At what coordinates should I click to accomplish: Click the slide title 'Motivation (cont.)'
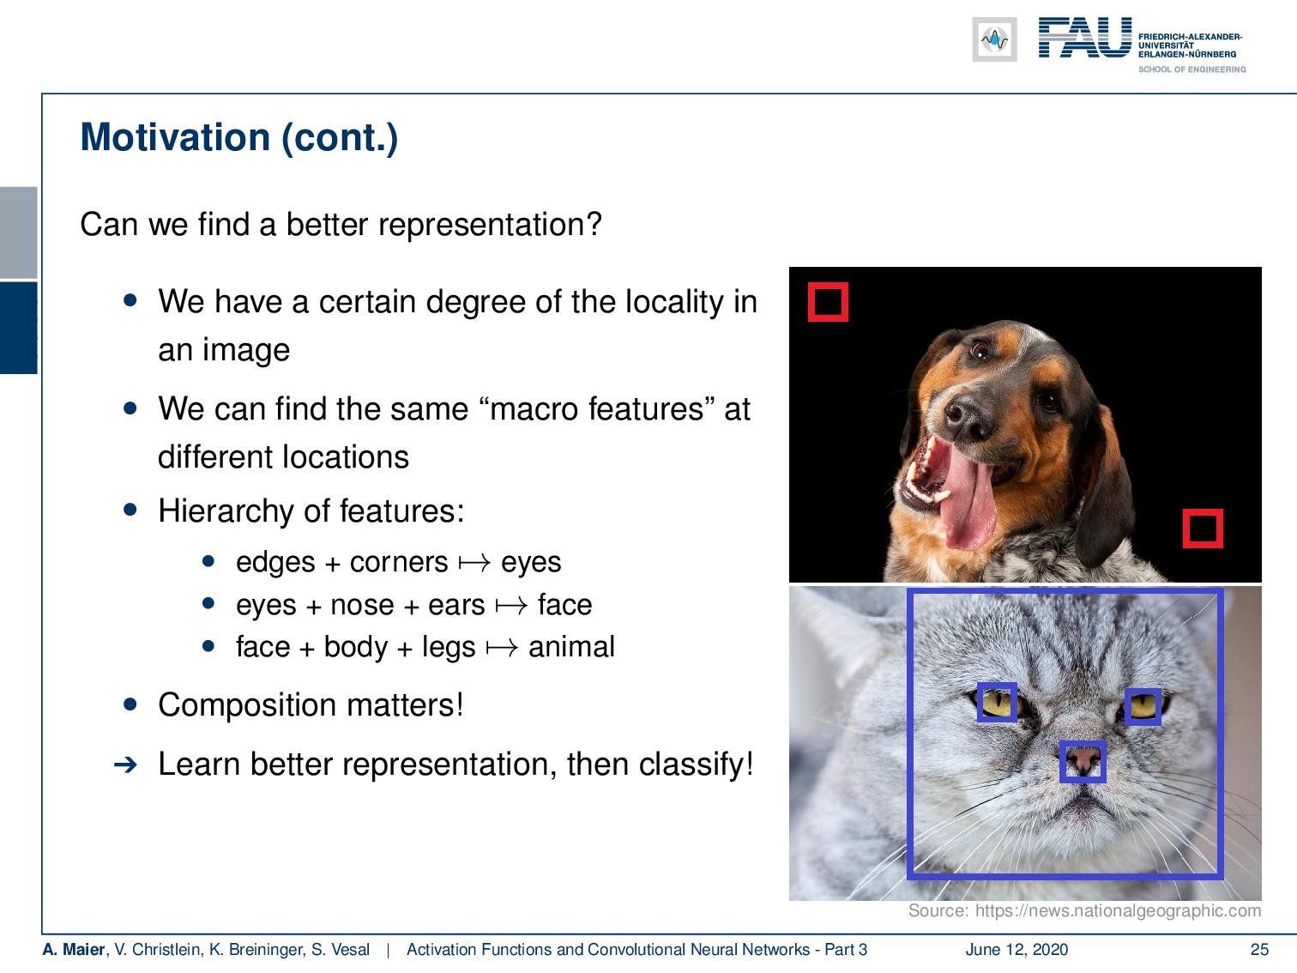[238, 138]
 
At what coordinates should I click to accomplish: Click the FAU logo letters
[1084, 39]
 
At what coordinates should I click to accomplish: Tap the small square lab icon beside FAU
[994, 39]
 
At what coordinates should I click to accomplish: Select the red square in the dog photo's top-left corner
[828, 302]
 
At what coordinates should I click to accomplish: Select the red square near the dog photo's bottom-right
[1202, 528]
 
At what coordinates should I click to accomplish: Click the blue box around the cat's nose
[1083, 762]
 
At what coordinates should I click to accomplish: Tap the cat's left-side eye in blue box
[997, 704]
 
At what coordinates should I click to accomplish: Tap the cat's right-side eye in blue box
[1143, 706]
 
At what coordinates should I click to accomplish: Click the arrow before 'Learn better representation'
[125, 764]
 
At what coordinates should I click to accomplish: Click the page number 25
[1258, 950]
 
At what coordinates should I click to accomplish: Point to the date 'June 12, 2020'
[1016, 950]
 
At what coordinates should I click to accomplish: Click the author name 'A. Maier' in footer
[73, 950]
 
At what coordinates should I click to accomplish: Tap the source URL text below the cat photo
[1084, 911]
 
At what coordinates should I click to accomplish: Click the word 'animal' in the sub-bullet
[571, 647]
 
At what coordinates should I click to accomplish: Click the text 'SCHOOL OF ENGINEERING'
[1191, 69]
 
